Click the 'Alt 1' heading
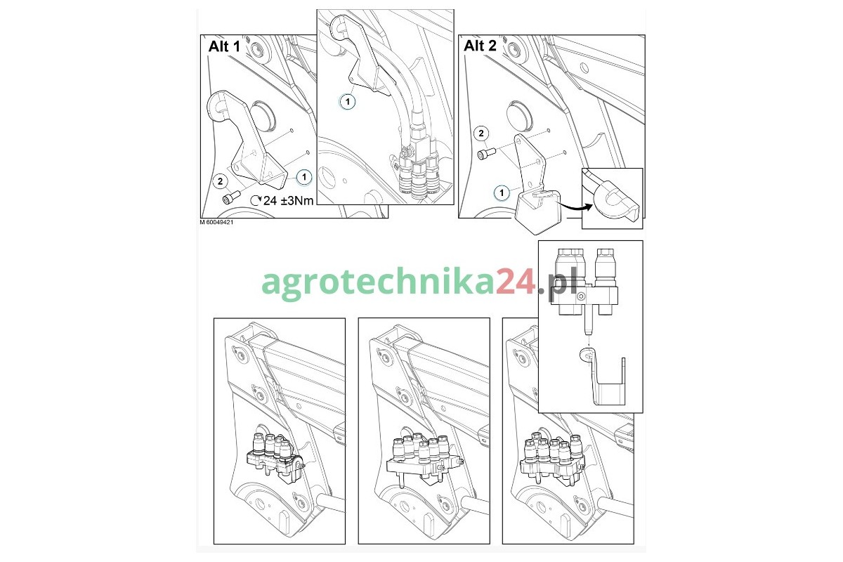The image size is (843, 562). [x=224, y=46]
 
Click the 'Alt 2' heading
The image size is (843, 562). [x=480, y=46]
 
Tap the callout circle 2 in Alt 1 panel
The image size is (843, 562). [x=220, y=181]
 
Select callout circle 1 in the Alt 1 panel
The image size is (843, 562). [x=304, y=177]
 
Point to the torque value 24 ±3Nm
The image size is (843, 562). [x=282, y=201]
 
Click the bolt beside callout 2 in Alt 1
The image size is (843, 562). [x=231, y=197]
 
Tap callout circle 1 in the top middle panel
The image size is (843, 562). [x=347, y=102]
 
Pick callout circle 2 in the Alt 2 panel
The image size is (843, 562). [x=481, y=133]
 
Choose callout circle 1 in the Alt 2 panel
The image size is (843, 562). [x=502, y=193]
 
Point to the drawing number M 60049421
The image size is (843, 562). [x=217, y=223]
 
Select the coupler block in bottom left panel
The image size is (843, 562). [x=275, y=457]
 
